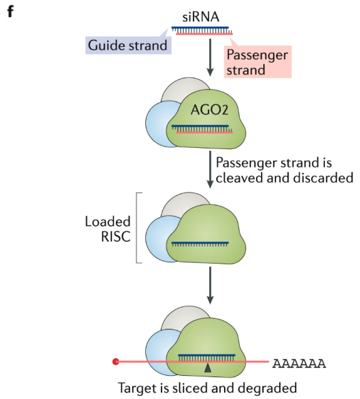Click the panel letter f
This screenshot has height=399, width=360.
pyautogui.click(x=9, y=11)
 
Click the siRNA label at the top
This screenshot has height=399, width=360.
pyautogui.click(x=202, y=16)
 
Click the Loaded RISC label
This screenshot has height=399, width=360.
pyautogui.click(x=108, y=229)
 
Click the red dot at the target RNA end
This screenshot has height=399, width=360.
pyautogui.click(x=116, y=361)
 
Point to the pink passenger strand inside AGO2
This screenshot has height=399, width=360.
pyautogui.click(x=205, y=132)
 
